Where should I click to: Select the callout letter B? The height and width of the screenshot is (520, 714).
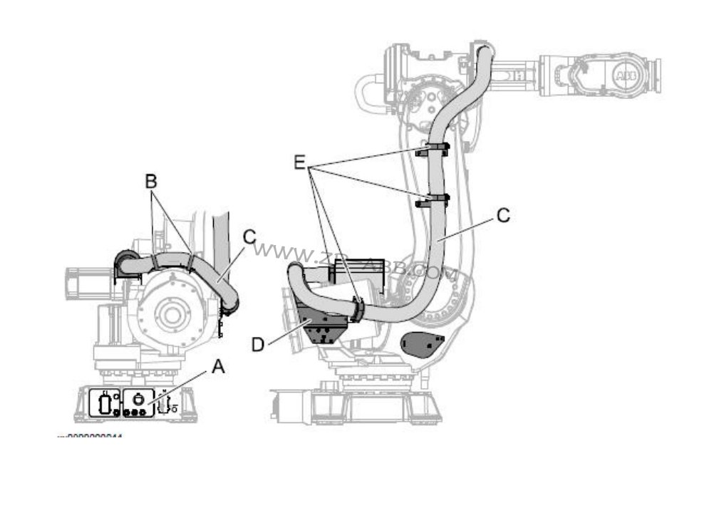(x=151, y=181)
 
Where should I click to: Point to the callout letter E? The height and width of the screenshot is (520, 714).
(x=302, y=162)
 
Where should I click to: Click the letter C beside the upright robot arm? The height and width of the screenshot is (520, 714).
(x=503, y=215)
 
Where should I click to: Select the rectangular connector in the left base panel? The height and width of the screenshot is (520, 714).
(x=105, y=404)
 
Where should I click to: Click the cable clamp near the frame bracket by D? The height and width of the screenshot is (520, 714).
(x=356, y=308)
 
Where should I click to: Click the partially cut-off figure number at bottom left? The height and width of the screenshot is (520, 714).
(x=90, y=437)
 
